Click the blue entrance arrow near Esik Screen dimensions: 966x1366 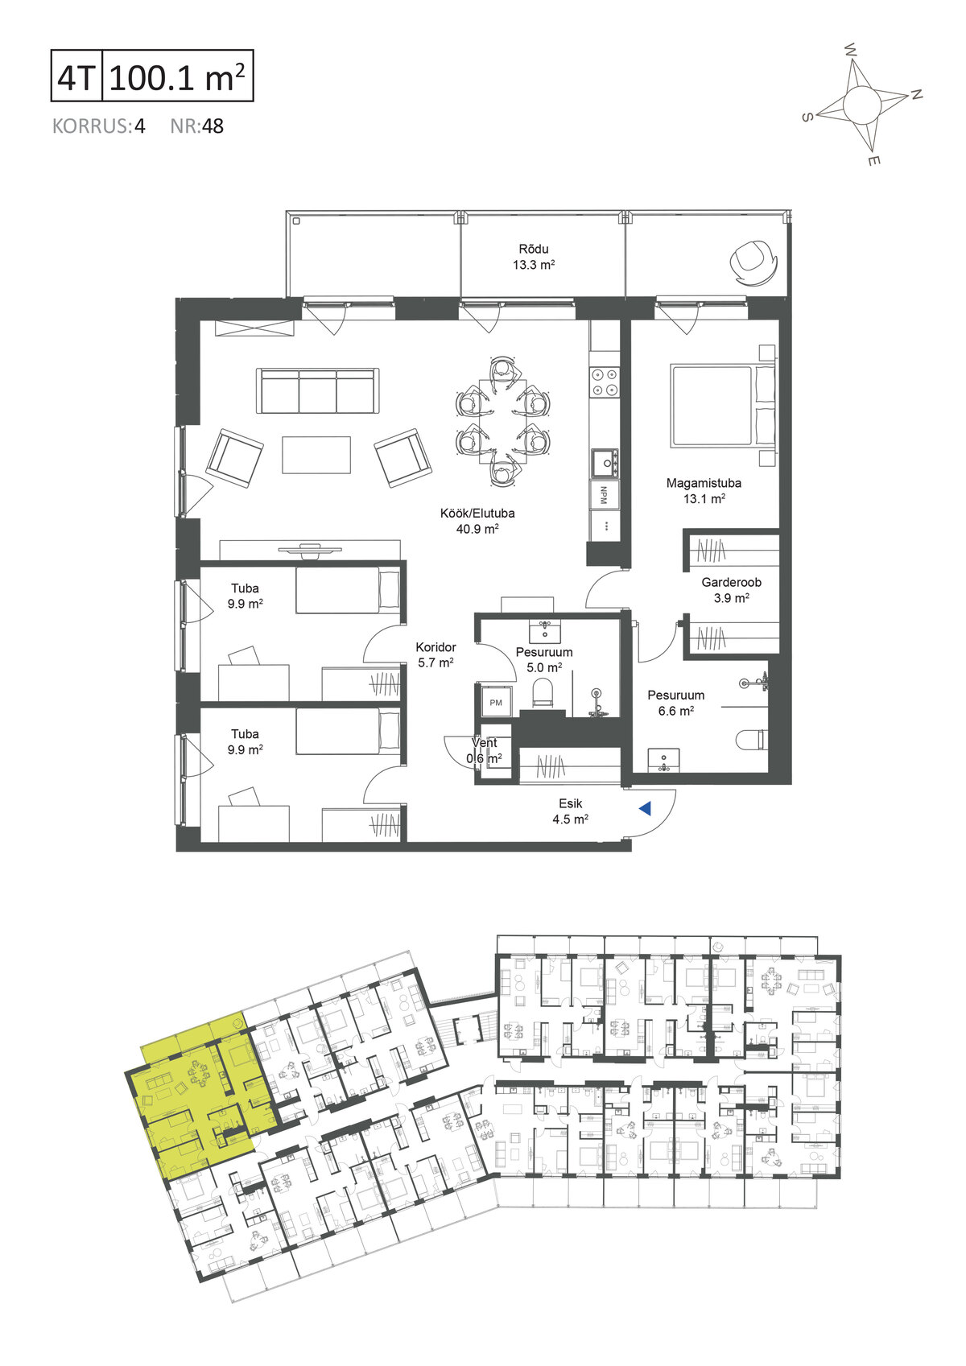[x=646, y=808]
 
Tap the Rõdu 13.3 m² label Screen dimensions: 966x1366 [x=534, y=257]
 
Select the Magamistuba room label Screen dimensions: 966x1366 [x=704, y=483]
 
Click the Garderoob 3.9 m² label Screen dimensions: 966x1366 [x=731, y=590]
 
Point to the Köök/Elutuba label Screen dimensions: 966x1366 [x=477, y=513]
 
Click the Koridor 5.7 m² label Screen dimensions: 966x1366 [x=436, y=654]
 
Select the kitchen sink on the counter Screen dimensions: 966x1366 [x=605, y=463]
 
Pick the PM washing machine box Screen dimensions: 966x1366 [x=496, y=703]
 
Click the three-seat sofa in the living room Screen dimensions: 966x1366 [x=318, y=391]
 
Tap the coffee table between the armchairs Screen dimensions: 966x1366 [x=316, y=455]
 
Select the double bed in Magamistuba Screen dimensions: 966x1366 [x=723, y=405]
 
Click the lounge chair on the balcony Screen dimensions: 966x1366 [x=753, y=262]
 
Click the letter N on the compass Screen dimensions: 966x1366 [x=916, y=94]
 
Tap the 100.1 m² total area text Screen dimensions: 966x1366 [x=177, y=76]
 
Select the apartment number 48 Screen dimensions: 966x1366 [x=213, y=126]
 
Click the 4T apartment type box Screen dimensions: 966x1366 [x=76, y=76]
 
